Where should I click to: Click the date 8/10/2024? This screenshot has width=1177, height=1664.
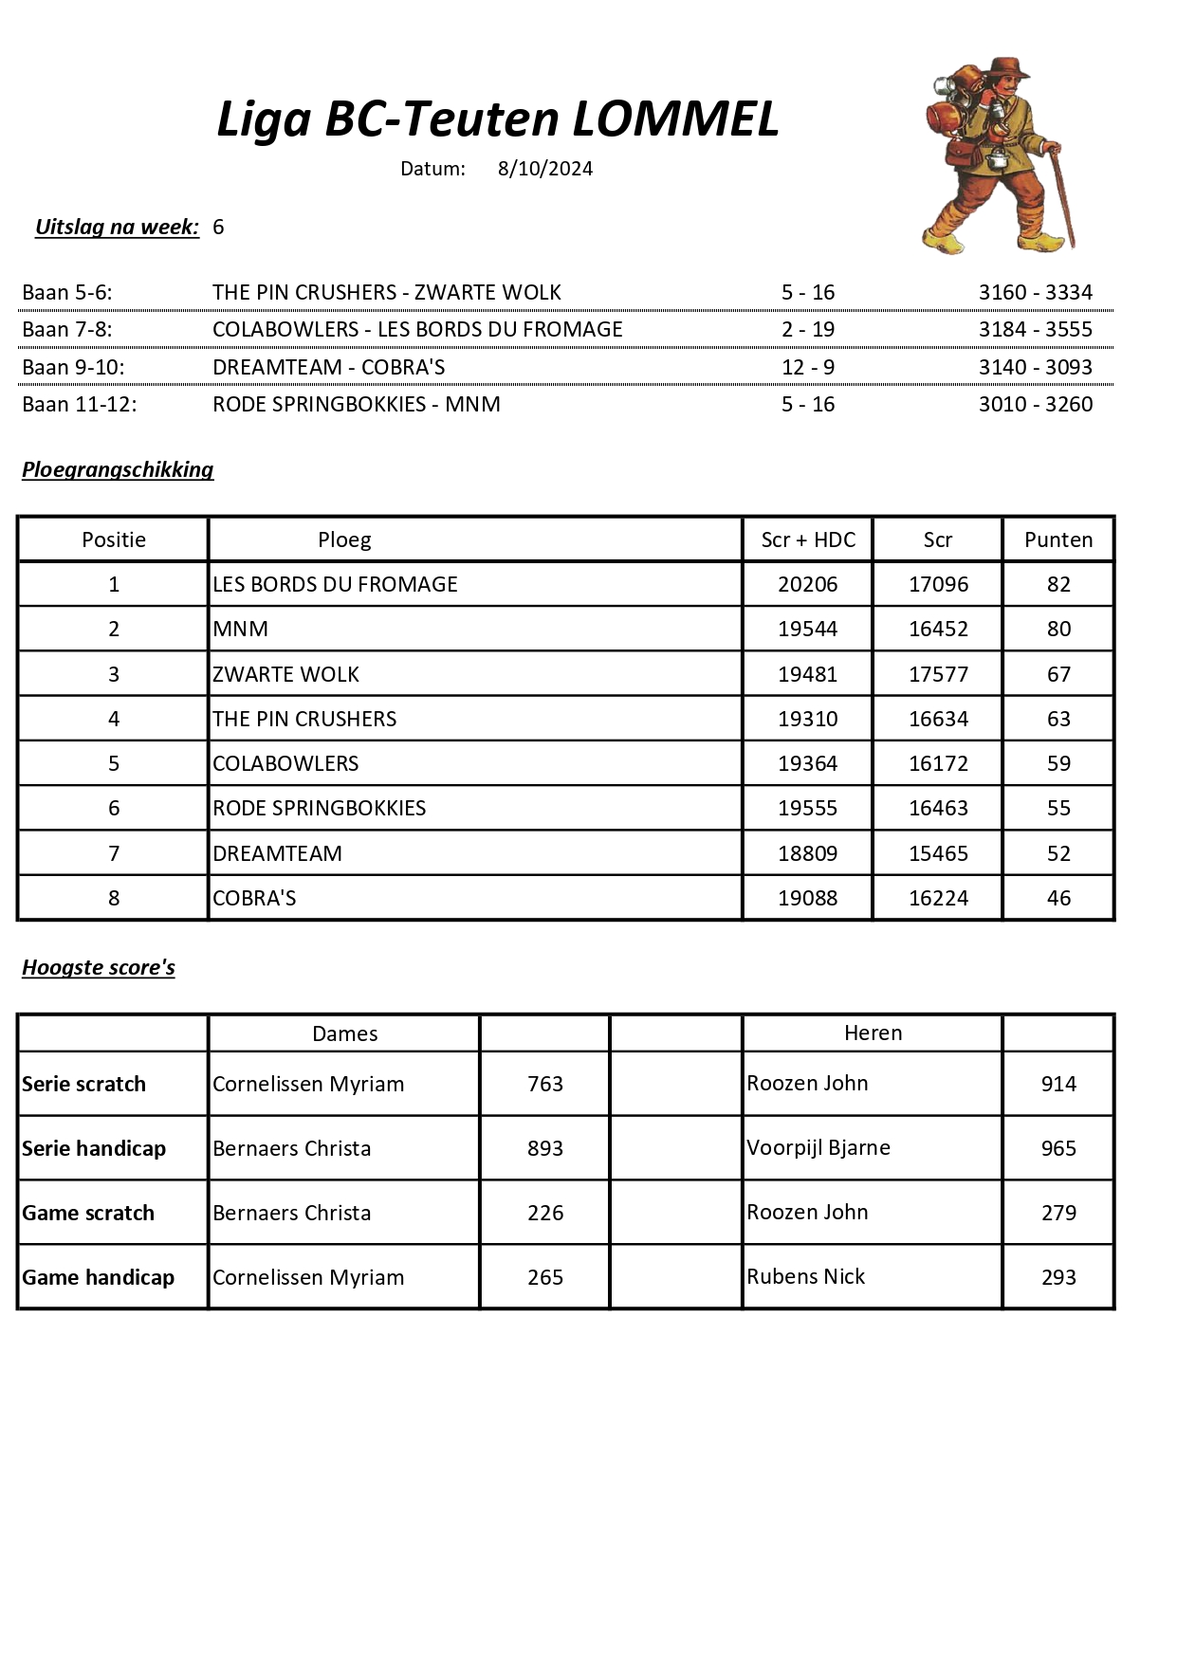coord(544,169)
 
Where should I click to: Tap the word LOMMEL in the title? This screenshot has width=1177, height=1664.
coord(674,119)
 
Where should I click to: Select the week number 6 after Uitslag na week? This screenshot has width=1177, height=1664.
coord(218,227)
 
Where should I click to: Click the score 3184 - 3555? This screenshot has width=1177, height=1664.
coord(1035,329)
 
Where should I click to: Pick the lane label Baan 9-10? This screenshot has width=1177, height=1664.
coord(73,367)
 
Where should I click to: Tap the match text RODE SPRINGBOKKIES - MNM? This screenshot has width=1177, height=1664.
coord(356,404)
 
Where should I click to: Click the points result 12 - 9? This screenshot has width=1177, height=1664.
coord(807,367)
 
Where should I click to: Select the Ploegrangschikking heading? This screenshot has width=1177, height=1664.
coord(118,469)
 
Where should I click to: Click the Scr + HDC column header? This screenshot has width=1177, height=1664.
coord(808,539)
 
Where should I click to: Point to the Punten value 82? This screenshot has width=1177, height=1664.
coord(1058,584)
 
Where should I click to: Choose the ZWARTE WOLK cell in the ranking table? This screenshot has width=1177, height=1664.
coord(285,674)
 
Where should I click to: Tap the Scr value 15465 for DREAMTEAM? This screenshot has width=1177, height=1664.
coord(938,853)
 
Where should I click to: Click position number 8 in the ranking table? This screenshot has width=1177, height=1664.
coord(114,898)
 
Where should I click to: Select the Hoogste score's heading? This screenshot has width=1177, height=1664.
coord(99,967)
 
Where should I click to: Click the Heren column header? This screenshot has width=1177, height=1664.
coord(873,1033)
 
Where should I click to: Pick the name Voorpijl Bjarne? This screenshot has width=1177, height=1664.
coord(818,1147)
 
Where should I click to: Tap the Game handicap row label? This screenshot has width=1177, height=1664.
coord(98,1277)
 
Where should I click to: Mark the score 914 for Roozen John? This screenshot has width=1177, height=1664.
coord(1058,1084)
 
